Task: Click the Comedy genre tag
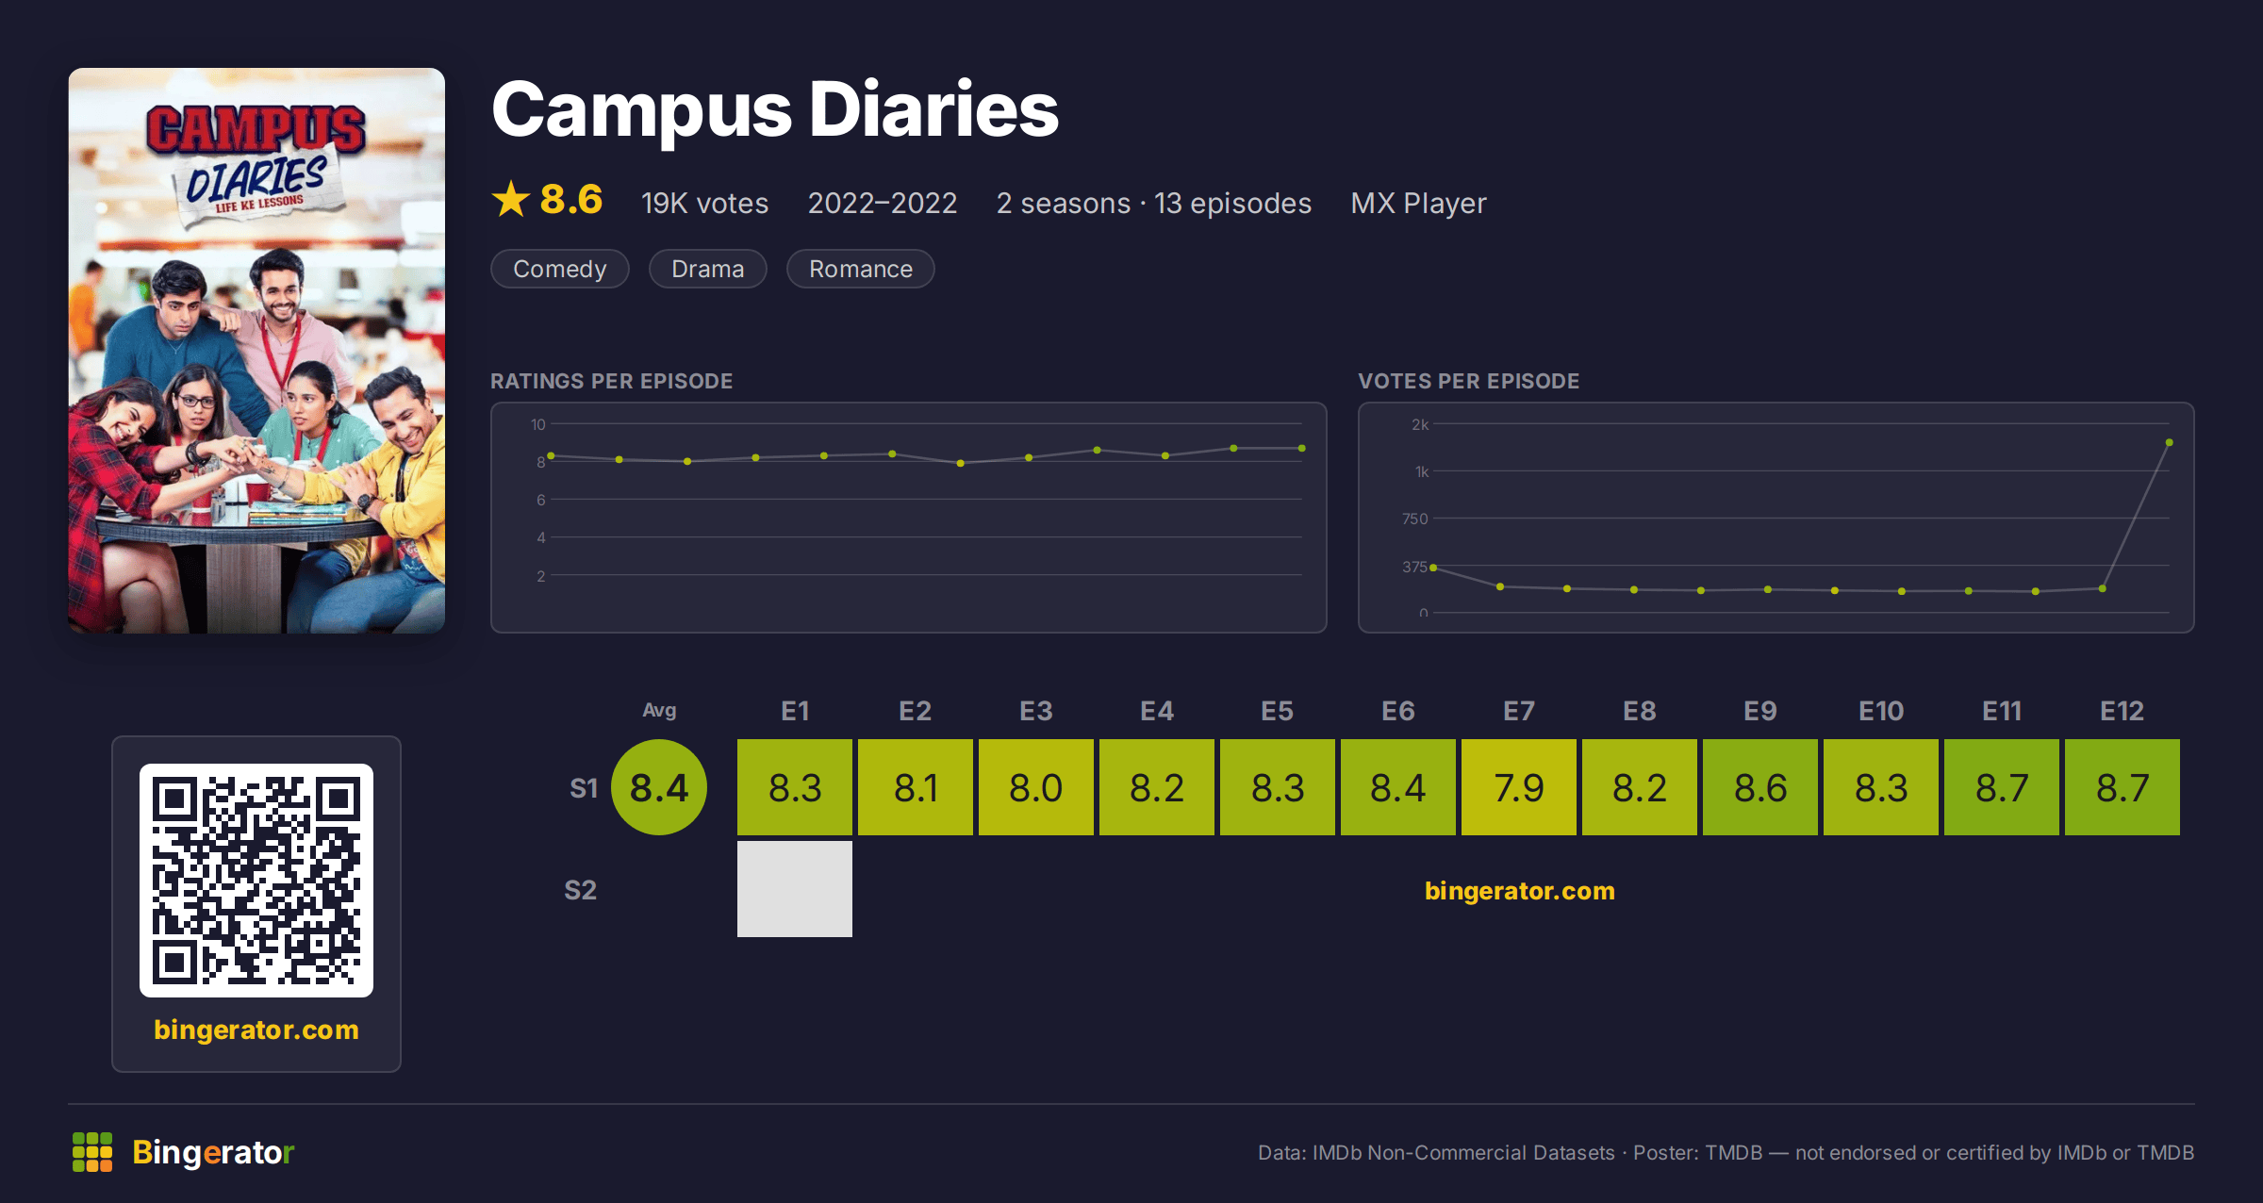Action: [x=560, y=269]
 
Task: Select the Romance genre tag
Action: [x=860, y=269]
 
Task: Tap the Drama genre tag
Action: [x=707, y=269]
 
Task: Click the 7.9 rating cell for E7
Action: [x=1518, y=787]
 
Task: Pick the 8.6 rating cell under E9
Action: [x=1759, y=787]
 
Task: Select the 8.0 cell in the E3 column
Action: [x=1035, y=787]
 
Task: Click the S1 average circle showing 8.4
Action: [x=659, y=787]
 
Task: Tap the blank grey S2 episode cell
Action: [x=794, y=889]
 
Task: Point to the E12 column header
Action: [x=2122, y=711]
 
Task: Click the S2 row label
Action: [x=580, y=890]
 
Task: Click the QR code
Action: [x=256, y=881]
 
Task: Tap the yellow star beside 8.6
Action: [x=511, y=199]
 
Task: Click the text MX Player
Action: [x=1418, y=203]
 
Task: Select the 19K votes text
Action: [x=704, y=203]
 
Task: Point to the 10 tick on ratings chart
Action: [x=538, y=424]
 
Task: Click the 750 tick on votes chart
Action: [x=1414, y=519]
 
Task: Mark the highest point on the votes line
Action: [x=2170, y=442]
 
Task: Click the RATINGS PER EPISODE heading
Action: [x=611, y=381]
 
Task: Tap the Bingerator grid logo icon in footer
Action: [x=92, y=1152]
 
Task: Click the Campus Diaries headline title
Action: [x=775, y=109]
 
